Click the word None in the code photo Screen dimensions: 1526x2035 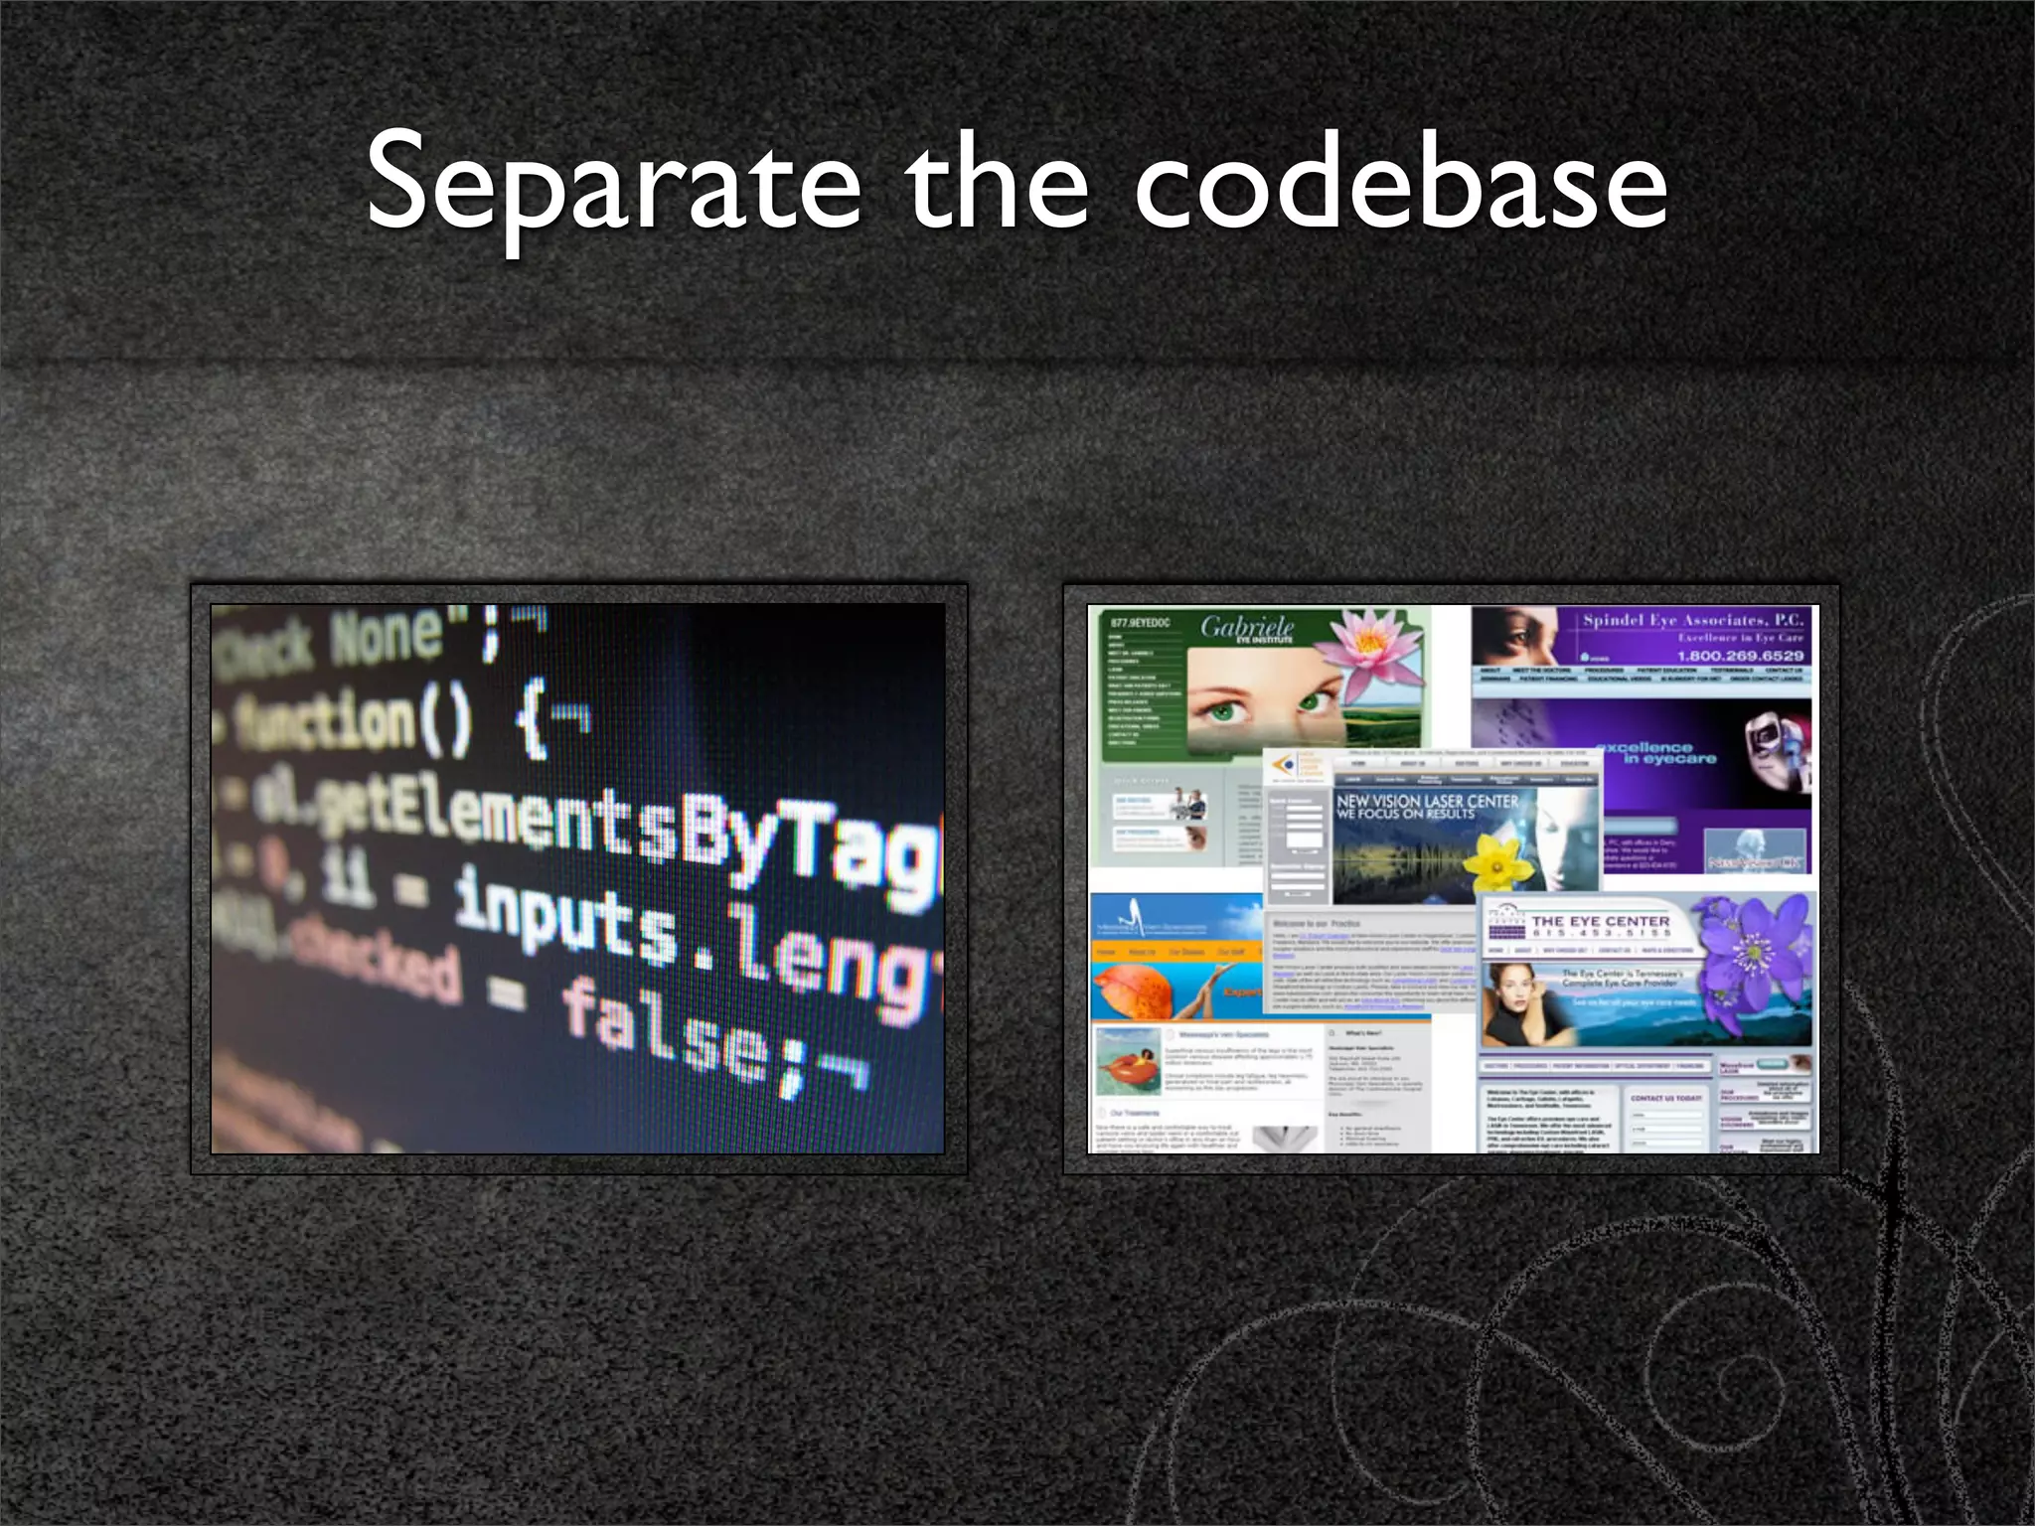coord(388,637)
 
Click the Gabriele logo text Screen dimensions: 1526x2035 coord(1247,628)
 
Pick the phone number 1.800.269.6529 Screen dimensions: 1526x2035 coord(1740,656)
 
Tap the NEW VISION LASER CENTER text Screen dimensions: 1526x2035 coord(1427,801)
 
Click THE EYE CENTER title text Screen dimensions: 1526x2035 coord(1600,921)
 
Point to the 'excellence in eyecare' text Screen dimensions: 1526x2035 coord(1654,753)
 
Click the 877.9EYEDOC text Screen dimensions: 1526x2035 coord(1140,623)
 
